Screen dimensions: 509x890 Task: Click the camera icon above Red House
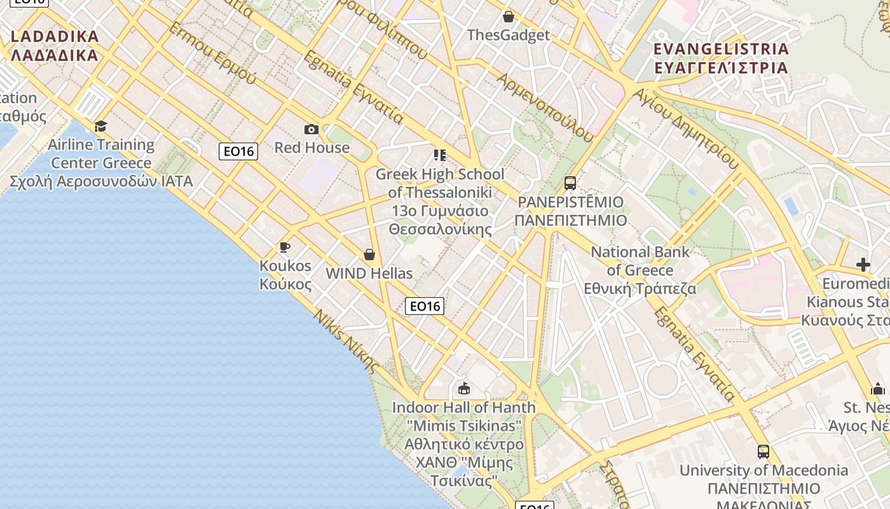point(311,130)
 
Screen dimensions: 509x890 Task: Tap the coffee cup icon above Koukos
point(285,247)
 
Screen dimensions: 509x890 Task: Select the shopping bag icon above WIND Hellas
point(369,255)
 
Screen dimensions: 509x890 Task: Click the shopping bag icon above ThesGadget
point(509,17)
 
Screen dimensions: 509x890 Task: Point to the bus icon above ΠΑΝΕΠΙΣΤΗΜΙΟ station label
point(570,183)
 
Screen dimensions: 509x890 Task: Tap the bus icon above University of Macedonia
point(763,452)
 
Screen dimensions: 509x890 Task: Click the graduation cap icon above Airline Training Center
point(100,126)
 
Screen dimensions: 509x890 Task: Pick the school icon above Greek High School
point(439,155)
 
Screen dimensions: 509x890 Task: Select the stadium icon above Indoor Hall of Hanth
point(464,388)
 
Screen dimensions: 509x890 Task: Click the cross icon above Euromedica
point(863,264)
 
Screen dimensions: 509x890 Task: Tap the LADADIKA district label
point(55,45)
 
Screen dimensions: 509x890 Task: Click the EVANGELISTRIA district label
point(721,58)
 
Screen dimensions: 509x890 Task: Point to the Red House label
point(311,148)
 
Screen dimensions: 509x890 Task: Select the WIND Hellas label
point(369,274)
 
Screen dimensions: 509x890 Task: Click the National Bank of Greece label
point(640,270)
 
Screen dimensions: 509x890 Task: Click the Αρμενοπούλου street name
point(545,107)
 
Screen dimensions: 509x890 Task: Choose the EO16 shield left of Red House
point(238,151)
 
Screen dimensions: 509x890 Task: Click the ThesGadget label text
point(508,35)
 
